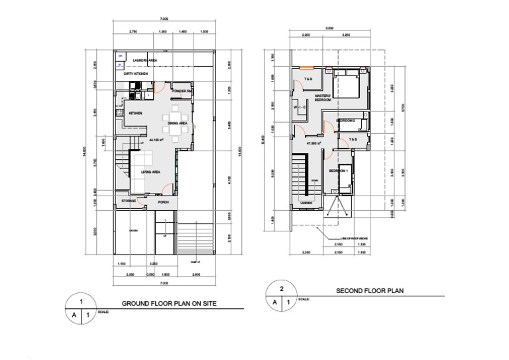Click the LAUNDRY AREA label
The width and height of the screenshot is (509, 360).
[144, 60]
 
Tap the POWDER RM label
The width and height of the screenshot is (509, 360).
[182, 91]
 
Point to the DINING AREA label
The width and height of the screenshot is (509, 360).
[176, 123]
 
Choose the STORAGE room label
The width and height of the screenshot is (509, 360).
[129, 201]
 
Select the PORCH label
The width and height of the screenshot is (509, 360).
[163, 202]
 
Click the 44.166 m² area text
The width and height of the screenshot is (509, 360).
[157, 140]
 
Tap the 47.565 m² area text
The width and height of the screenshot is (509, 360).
[313, 143]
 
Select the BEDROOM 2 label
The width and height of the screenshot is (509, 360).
[347, 121]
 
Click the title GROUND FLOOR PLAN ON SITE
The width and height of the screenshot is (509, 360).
[170, 304]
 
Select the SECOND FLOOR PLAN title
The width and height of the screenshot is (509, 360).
[369, 290]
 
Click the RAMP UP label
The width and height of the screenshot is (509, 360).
[195, 262]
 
